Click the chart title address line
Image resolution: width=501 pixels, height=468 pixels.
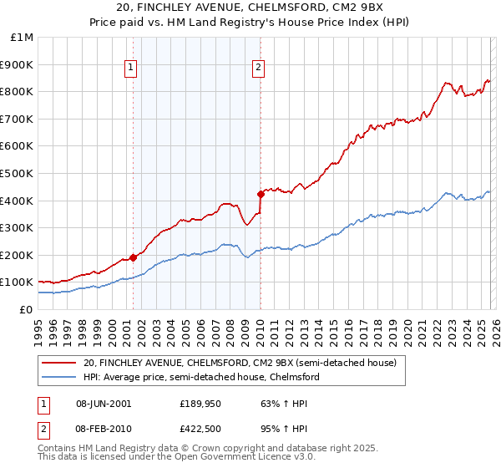250,8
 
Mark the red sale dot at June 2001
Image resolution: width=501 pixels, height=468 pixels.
133,257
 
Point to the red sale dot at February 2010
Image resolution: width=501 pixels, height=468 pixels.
261,194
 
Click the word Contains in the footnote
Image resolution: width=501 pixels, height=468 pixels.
57,449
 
